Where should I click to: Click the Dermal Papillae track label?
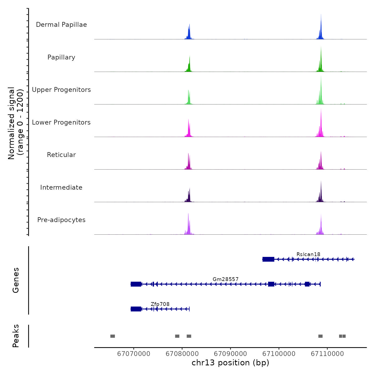(61, 25)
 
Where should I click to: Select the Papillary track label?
(61, 57)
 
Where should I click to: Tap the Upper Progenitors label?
(61, 90)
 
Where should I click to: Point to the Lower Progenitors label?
(61, 122)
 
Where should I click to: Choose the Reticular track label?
(61, 155)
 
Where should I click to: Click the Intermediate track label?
(61, 187)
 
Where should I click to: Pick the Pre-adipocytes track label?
(61, 220)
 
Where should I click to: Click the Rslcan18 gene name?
(308, 254)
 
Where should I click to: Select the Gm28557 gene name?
(226, 279)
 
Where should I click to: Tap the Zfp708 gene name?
(160, 304)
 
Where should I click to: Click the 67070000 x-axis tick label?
(134, 354)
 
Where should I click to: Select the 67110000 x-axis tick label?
(327, 354)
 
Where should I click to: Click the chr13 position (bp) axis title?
(230, 363)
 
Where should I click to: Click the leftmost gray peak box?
(112, 336)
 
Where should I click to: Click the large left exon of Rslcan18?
(268, 259)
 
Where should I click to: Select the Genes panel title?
(16, 280)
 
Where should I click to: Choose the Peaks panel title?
(16, 336)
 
